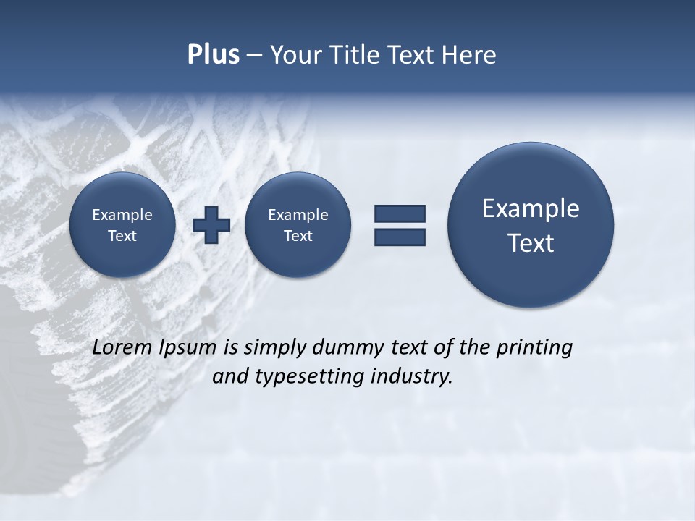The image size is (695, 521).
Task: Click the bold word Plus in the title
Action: pyautogui.click(x=213, y=55)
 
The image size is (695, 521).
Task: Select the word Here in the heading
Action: pyautogui.click(x=471, y=55)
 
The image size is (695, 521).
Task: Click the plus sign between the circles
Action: pyautogui.click(x=211, y=224)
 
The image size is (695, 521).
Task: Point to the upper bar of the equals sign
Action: pyautogui.click(x=400, y=213)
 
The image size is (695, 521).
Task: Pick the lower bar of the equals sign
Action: pyautogui.click(x=400, y=237)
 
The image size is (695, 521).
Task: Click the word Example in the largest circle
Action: pyautogui.click(x=531, y=208)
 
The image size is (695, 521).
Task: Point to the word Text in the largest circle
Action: pyautogui.click(x=531, y=243)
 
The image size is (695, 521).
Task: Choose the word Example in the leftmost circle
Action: pyautogui.click(x=122, y=215)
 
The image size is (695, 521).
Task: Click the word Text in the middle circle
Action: pyautogui.click(x=298, y=236)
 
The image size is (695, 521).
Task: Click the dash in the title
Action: pyautogui.click(x=254, y=56)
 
